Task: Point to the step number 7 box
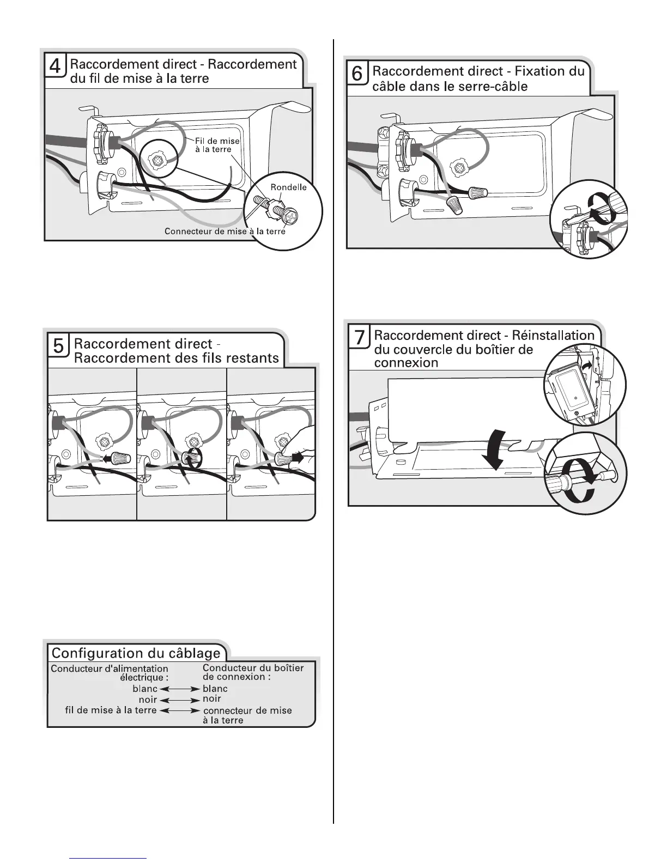(x=360, y=338)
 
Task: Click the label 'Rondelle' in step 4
(x=289, y=187)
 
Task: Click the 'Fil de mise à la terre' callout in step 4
(x=217, y=145)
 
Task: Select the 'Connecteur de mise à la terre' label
(x=225, y=232)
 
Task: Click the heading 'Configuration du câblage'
(x=136, y=653)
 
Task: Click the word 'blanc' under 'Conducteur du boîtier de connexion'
(x=215, y=689)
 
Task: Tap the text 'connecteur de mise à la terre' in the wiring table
(x=247, y=715)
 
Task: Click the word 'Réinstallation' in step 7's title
(x=553, y=335)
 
